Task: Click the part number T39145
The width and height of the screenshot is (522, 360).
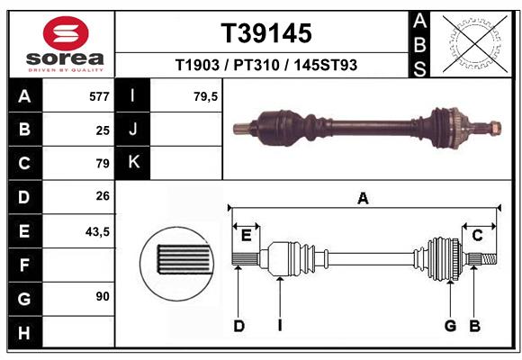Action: (x=266, y=33)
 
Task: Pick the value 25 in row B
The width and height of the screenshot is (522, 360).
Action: (x=103, y=130)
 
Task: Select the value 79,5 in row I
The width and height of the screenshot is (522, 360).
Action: (x=206, y=95)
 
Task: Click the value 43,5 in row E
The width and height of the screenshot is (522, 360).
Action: (x=97, y=231)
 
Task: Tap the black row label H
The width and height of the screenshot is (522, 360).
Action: (x=24, y=333)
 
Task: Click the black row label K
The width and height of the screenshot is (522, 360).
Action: (x=133, y=163)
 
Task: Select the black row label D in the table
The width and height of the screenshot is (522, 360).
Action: (x=24, y=197)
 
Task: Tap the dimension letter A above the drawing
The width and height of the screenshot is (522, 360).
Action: (x=363, y=198)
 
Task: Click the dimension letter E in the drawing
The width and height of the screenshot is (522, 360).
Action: (x=246, y=235)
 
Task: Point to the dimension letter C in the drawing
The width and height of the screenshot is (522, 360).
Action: (x=478, y=235)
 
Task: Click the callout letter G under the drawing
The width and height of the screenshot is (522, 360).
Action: (x=450, y=326)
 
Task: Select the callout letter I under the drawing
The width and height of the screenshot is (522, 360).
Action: (x=280, y=326)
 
